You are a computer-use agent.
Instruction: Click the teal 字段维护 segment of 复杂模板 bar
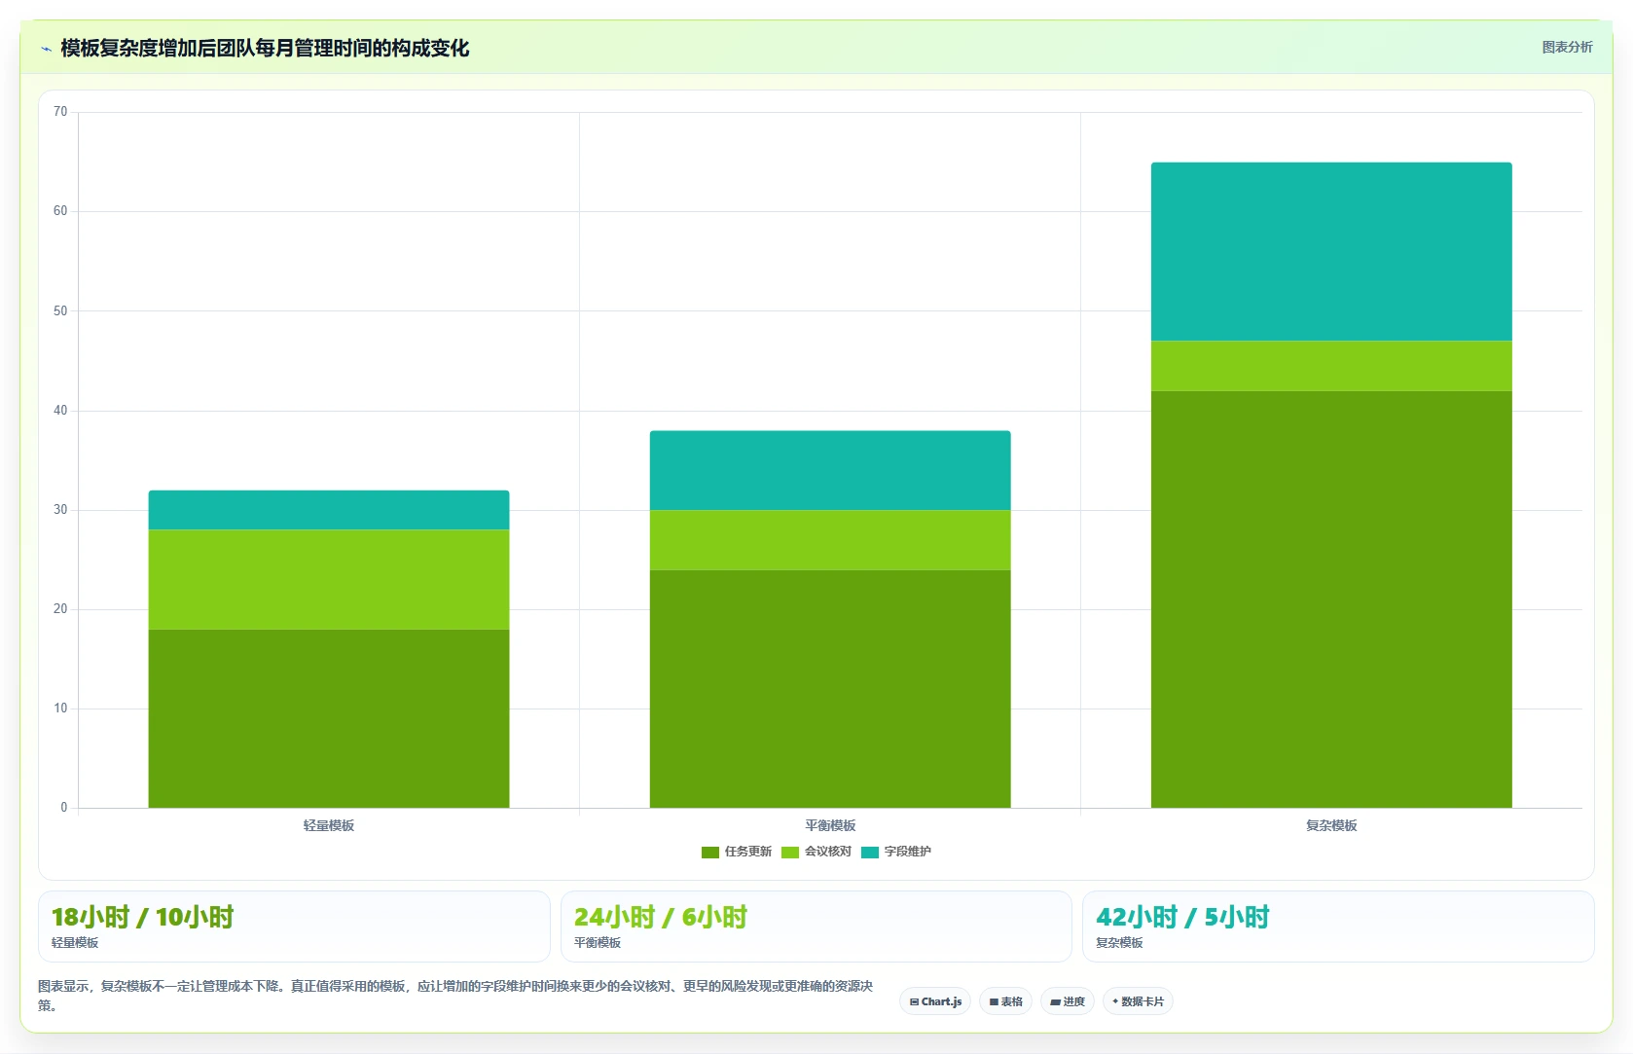click(x=1331, y=251)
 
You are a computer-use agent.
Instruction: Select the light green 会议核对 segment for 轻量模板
click(x=329, y=579)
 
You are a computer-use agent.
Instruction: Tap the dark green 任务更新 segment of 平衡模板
click(x=830, y=689)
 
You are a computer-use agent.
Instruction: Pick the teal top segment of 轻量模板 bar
click(x=329, y=510)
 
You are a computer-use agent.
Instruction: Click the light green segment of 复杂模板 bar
click(x=1331, y=366)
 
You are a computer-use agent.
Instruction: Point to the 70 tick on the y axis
click(x=60, y=112)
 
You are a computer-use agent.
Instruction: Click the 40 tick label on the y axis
click(x=60, y=411)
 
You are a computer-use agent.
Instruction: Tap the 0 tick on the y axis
click(x=64, y=807)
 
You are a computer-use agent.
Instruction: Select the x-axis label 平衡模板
click(x=830, y=825)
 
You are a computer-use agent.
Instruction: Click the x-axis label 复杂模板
click(x=1331, y=825)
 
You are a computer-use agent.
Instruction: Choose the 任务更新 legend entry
click(x=737, y=852)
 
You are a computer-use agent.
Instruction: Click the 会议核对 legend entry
click(x=816, y=852)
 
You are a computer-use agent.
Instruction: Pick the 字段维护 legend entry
click(x=896, y=852)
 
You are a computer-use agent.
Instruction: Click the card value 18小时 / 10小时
click(x=143, y=917)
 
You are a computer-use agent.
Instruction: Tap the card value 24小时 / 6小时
click(x=661, y=917)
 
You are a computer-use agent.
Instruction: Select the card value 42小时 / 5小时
click(x=1182, y=917)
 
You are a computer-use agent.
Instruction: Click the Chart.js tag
click(x=935, y=1001)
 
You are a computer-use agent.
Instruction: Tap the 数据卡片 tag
click(x=1138, y=1001)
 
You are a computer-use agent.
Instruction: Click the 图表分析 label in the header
click(x=1568, y=48)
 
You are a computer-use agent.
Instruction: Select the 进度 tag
click(x=1068, y=1001)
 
